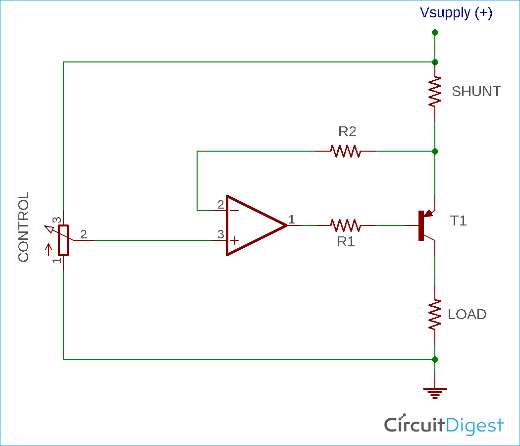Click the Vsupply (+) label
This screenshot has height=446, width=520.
pyautogui.click(x=456, y=13)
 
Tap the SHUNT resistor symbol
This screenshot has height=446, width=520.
pyautogui.click(x=435, y=92)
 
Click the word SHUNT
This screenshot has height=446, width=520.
pyautogui.click(x=476, y=92)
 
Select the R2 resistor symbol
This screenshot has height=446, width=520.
pyautogui.click(x=346, y=151)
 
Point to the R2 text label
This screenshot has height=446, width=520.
pyautogui.click(x=347, y=132)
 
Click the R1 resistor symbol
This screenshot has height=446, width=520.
pyautogui.click(x=346, y=225)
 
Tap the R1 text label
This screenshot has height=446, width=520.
pyautogui.click(x=346, y=242)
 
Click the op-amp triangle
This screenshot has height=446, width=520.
pyautogui.click(x=253, y=225)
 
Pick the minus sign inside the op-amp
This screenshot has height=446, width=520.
pyautogui.click(x=234, y=210)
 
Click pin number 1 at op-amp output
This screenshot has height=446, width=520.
pyautogui.click(x=292, y=219)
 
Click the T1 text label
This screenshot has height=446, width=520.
pyautogui.click(x=458, y=221)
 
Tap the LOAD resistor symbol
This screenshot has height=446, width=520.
pyautogui.click(x=435, y=315)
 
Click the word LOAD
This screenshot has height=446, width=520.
pyautogui.click(x=467, y=315)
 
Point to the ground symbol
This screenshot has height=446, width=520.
pyautogui.click(x=435, y=393)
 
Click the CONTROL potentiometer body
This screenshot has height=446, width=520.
pyautogui.click(x=63, y=240)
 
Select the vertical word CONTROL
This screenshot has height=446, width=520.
pyautogui.click(x=24, y=227)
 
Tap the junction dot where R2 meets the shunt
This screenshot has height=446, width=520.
pyautogui.click(x=435, y=151)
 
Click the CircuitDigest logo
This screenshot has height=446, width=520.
pyautogui.click(x=444, y=425)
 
